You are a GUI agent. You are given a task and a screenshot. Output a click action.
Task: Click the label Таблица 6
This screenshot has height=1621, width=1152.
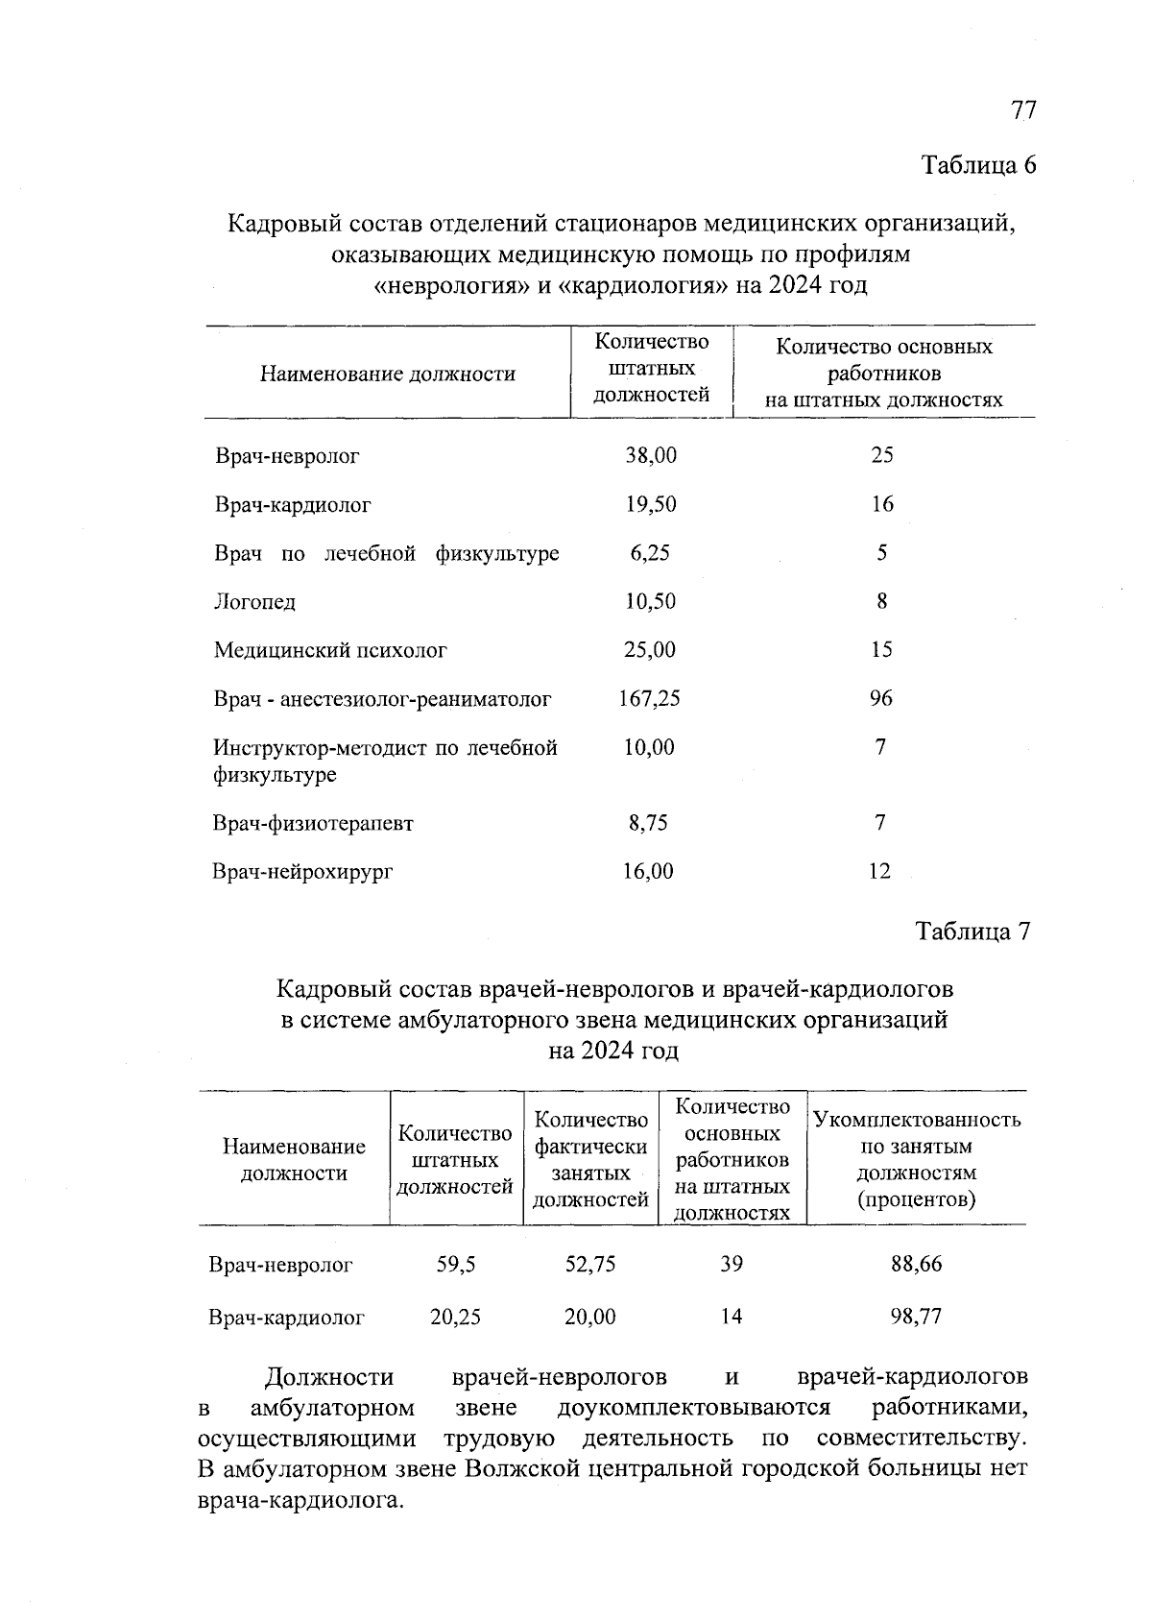click(979, 165)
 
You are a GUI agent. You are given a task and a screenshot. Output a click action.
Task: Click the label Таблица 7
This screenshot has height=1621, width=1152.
click(972, 931)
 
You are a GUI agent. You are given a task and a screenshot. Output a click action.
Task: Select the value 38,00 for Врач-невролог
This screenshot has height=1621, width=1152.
click(651, 455)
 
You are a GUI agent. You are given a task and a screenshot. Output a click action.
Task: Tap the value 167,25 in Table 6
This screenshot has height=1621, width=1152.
click(649, 699)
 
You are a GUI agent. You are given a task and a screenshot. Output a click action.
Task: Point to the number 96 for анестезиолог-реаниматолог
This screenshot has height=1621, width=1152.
click(880, 698)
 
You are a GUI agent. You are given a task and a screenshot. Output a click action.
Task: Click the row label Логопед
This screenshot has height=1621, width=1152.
click(254, 603)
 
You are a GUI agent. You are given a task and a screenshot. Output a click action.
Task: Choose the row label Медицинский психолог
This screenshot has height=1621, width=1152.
click(330, 651)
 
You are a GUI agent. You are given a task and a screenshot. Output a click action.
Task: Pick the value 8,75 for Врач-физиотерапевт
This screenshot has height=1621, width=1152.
click(648, 823)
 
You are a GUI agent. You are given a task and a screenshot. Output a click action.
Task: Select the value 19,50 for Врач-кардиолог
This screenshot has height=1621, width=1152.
click(651, 504)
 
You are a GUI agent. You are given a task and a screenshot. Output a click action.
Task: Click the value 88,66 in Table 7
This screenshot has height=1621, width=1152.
click(916, 1265)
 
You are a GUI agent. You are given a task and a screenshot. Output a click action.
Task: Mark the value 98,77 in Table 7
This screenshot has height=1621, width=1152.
click(916, 1317)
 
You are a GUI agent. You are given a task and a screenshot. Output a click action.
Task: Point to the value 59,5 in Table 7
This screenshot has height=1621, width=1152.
click(455, 1265)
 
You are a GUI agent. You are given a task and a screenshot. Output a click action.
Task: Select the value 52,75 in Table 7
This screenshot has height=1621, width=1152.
click(589, 1265)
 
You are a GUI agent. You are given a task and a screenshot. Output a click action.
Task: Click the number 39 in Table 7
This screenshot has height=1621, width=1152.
click(732, 1265)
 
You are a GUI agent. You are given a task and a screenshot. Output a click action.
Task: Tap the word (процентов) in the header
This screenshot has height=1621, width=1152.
click(916, 1199)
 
